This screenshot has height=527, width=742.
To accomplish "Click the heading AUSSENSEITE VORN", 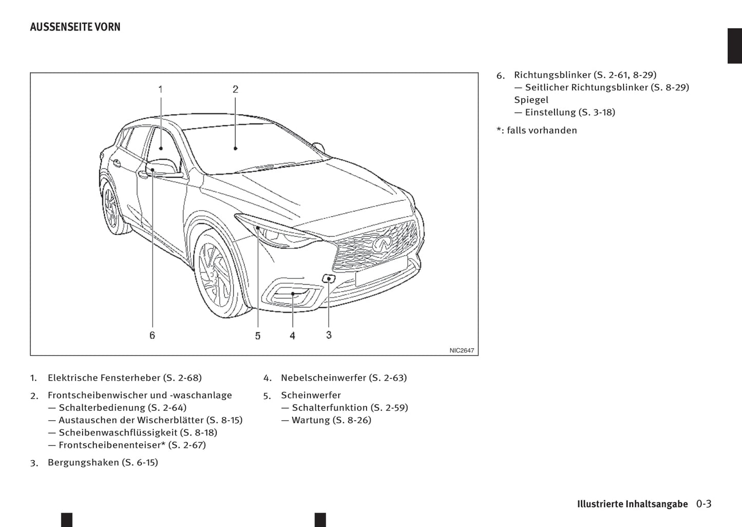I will click(x=75, y=27).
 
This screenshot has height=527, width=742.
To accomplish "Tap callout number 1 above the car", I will click(x=160, y=89).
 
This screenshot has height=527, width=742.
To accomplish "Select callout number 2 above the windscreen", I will click(x=235, y=89).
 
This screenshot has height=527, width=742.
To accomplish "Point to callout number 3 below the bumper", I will click(x=329, y=335).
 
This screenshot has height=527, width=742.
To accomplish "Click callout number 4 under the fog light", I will click(x=292, y=335).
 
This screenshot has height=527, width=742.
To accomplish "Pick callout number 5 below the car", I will click(x=257, y=335).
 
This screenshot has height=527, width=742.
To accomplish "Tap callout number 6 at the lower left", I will click(x=152, y=335).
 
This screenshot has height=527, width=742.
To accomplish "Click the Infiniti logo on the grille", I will click(x=382, y=243).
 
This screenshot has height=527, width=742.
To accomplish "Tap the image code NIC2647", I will click(x=462, y=350).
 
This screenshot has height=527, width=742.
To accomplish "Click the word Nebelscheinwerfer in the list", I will click(x=324, y=378).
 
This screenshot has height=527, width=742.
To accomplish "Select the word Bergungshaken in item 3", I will click(x=83, y=462).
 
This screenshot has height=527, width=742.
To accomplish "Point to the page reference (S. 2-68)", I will click(x=182, y=378).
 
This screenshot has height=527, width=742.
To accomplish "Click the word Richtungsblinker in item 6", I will click(x=552, y=75).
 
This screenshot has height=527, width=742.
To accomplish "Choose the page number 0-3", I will click(x=703, y=504).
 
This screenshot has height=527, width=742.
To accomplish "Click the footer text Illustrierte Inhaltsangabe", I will click(x=632, y=504).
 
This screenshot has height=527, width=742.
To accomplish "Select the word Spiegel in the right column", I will click(x=531, y=100).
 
